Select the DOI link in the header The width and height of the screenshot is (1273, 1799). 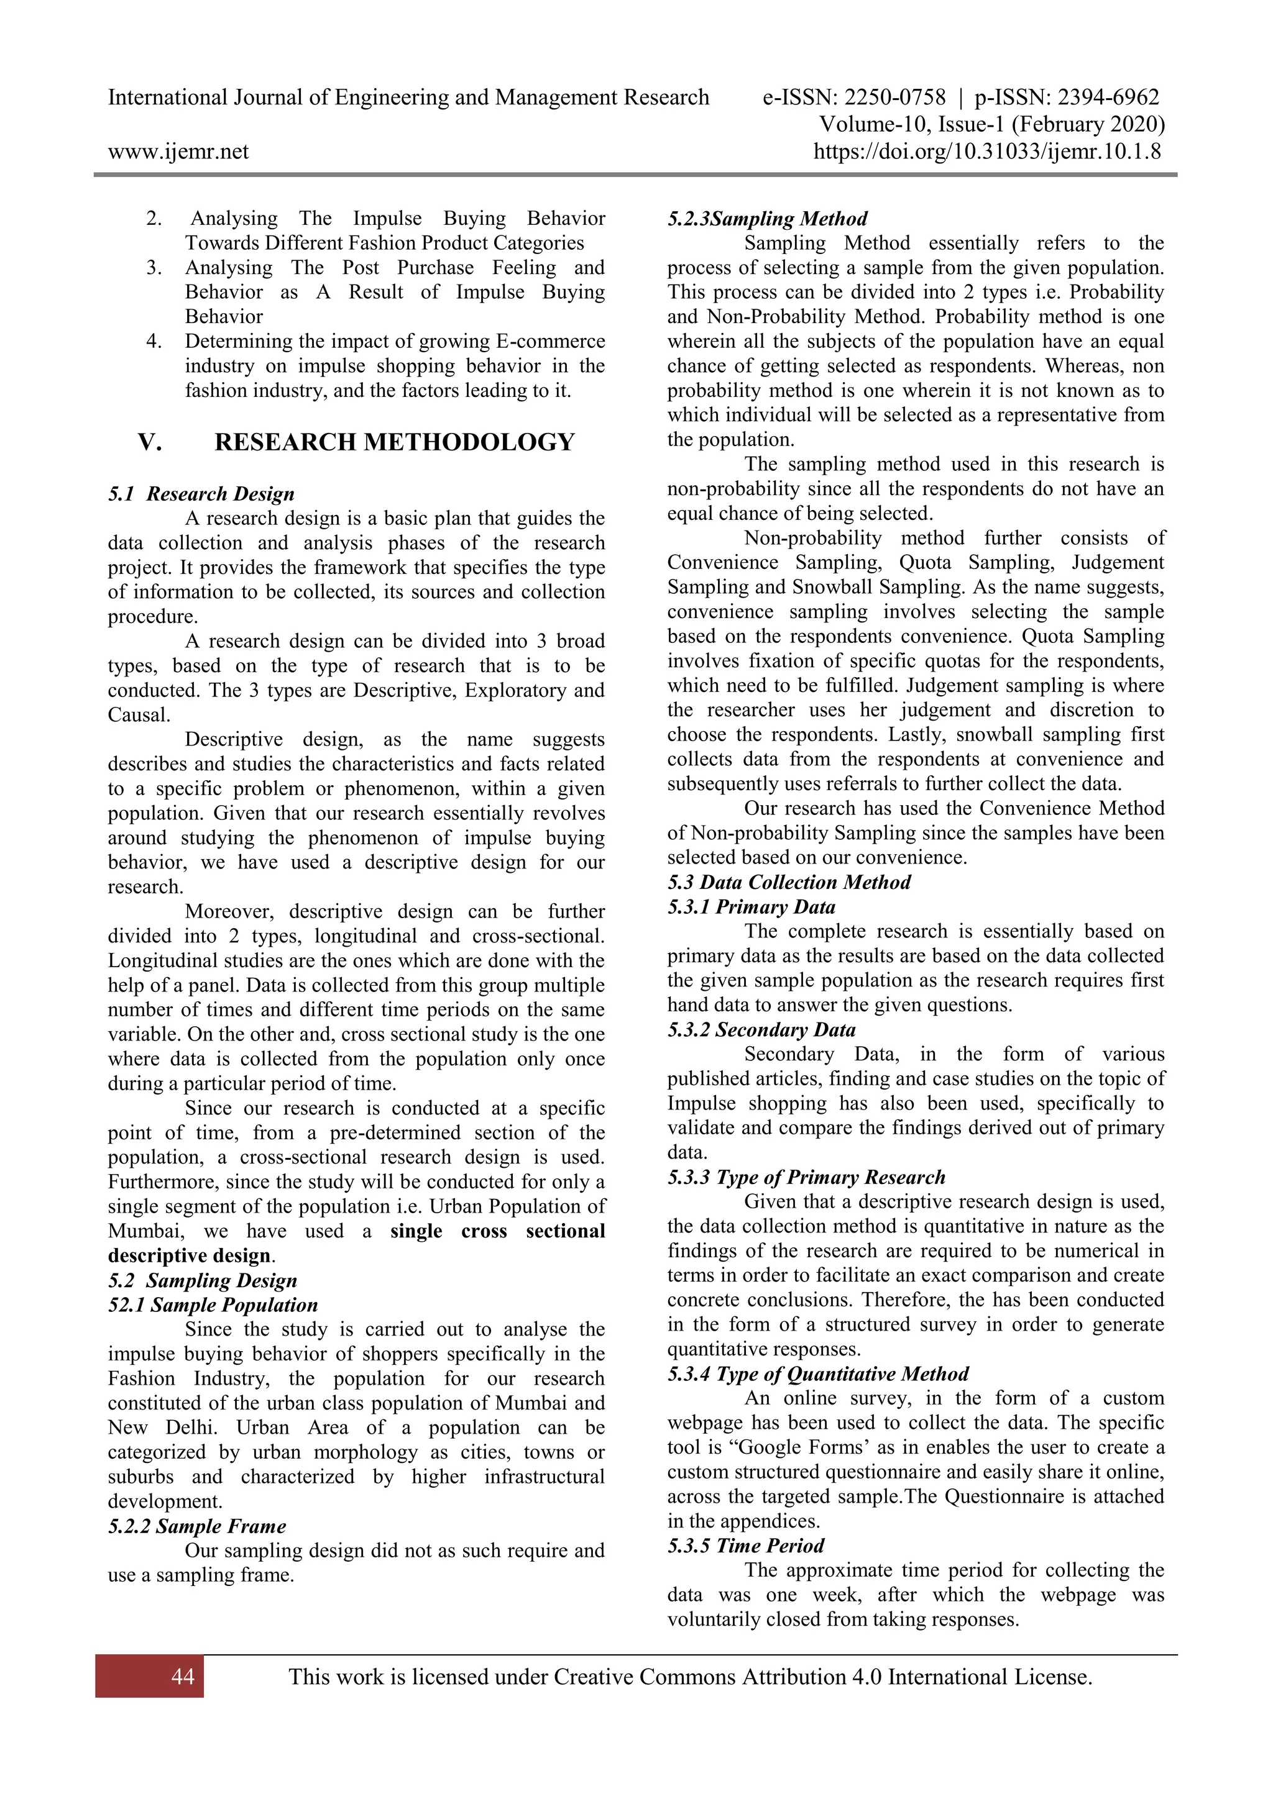[x=987, y=151]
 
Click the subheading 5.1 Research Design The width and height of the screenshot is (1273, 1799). [x=201, y=494]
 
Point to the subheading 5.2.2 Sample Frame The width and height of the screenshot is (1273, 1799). [x=197, y=1526]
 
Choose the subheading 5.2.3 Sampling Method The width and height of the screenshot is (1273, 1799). [x=766, y=219]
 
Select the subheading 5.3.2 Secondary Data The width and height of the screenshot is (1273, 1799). [x=761, y=1029]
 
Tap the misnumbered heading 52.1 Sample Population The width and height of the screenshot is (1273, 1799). [x=213, y=1305]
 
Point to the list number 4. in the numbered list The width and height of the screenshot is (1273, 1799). [x=154, y=341]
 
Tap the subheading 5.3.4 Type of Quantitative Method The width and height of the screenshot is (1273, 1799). [x=817, y=1373]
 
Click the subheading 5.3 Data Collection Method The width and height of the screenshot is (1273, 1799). [x=789, y=882]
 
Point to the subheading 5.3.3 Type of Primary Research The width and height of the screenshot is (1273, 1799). [x=806, y=1177]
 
